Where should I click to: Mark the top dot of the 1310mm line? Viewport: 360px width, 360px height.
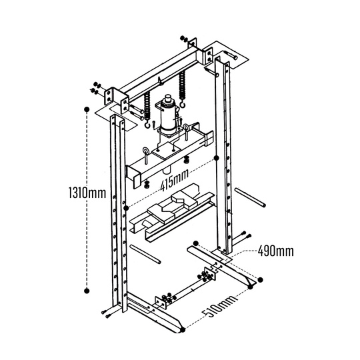[86, 109]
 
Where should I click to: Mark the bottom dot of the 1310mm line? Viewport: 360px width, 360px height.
[86, 290]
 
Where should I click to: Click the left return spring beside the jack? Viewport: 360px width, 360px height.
[147, 107]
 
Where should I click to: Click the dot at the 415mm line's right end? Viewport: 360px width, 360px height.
[215, 159]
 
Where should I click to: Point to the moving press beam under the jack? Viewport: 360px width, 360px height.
[167, 157]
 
